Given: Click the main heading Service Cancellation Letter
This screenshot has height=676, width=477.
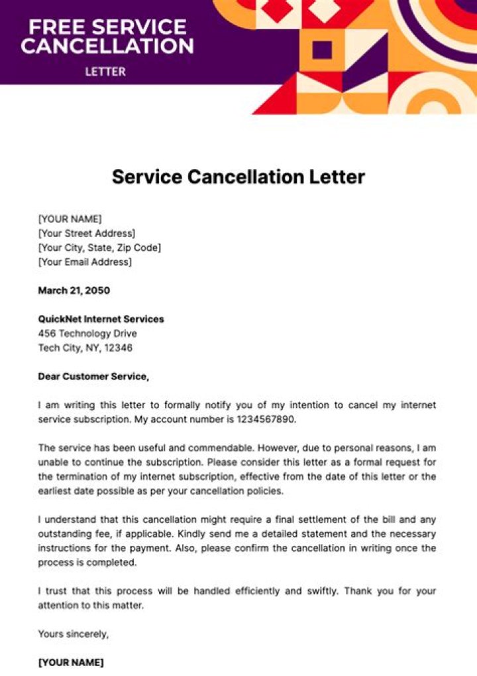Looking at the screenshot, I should coord(238,177).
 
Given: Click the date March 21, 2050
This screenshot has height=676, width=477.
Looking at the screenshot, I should coord(74,291).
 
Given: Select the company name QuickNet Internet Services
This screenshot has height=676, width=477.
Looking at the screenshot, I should coord(101,319).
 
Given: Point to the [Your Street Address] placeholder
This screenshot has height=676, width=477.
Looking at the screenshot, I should coord(87,234).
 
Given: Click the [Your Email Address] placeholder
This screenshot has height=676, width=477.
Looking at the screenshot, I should coord(85,262).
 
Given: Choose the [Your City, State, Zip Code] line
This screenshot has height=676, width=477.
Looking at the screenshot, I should coord(99,247).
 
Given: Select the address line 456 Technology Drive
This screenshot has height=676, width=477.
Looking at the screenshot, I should coord(87,334).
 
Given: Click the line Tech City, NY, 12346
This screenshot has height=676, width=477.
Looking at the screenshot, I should coord(85,348).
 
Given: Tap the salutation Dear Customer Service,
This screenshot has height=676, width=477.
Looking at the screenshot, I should coord(93,377).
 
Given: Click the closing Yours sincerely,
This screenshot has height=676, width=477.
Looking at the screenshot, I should coord(74,634).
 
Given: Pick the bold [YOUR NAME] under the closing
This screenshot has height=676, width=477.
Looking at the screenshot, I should coord(71,663).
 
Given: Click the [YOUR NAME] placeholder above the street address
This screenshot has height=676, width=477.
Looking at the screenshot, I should coord(70,219).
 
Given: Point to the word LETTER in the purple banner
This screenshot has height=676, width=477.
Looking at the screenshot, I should coord(105,71).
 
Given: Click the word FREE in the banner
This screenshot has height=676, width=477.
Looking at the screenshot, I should coord(56,27).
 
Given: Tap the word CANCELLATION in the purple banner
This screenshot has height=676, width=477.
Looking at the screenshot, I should coord(107,46).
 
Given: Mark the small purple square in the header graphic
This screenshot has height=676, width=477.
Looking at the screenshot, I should coord(322,49).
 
